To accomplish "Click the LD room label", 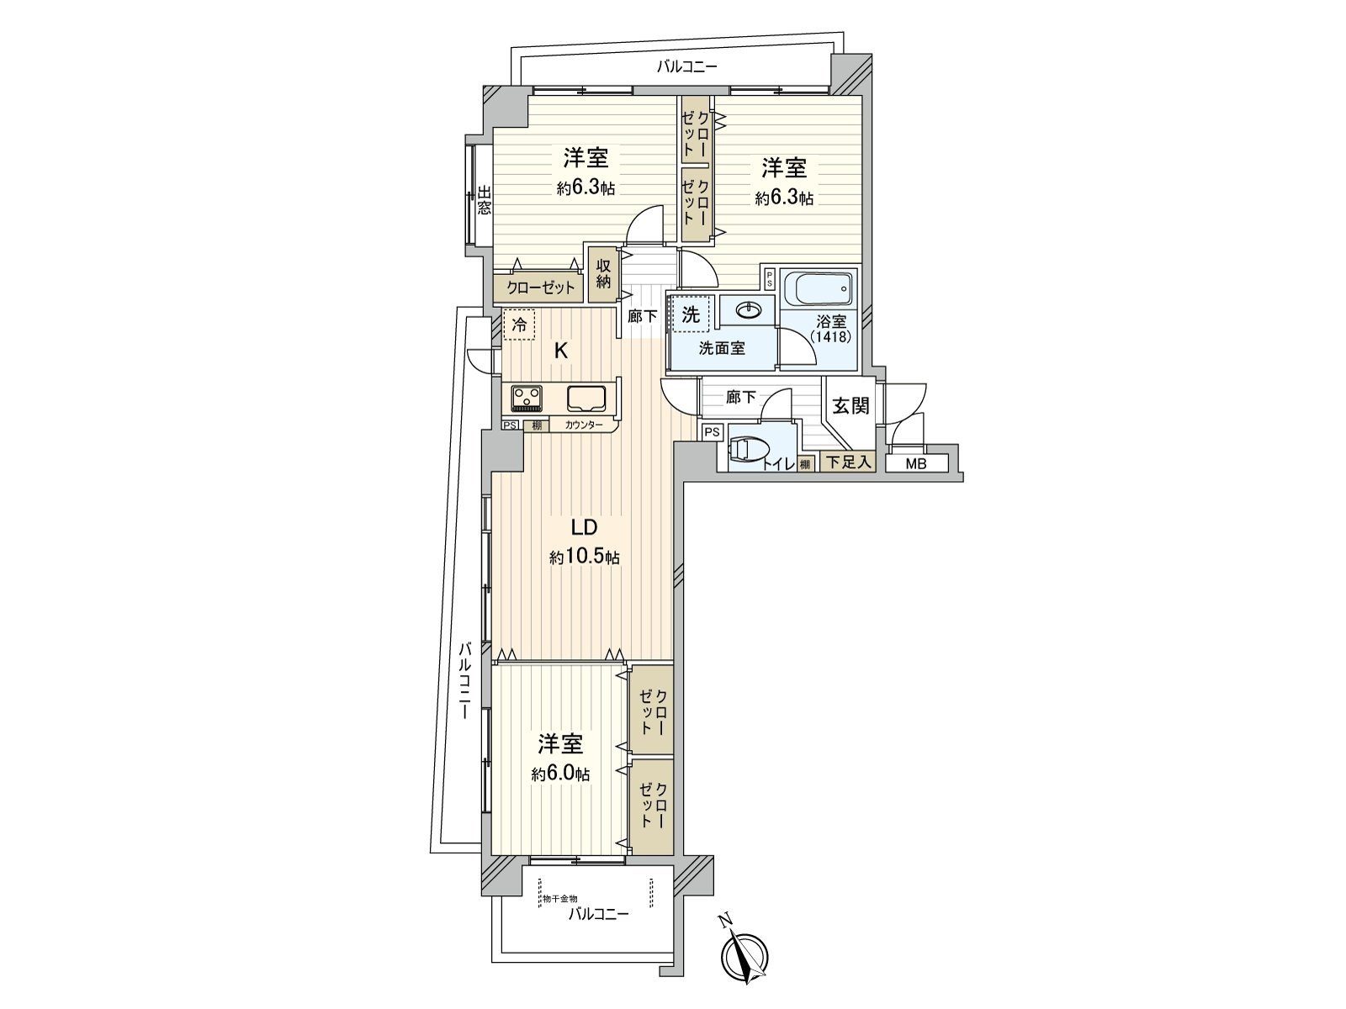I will (x=584, y=528).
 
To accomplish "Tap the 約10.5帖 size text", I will (x=585, y=557).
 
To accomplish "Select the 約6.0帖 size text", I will (x=560, y=774).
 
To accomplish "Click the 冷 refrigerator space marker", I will (x=521, y=325).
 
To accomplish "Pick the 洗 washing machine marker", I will (x=691, y=315).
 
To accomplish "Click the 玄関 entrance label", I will (x=851, y=406).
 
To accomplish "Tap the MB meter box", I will (x=916, y=462).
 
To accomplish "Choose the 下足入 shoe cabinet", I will (x=847, y=462).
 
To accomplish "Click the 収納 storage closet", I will (x=603, y=273).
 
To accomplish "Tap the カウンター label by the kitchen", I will (x=584, y=425).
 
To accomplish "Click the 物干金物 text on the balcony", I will (x=559, y=899).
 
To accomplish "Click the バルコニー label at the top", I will (x=687, y=67).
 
